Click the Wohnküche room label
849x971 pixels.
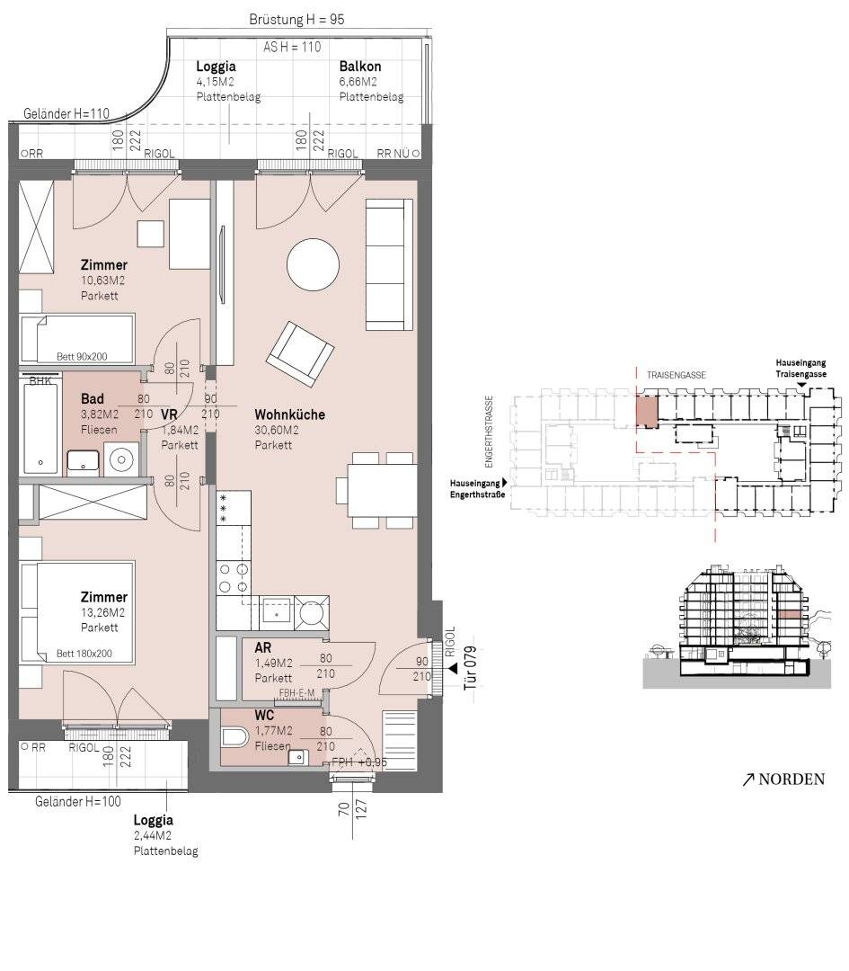coord(289,414)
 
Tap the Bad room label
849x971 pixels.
coord(93,399)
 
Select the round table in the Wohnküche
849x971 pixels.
coord(314,264)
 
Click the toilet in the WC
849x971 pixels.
coord(234,737)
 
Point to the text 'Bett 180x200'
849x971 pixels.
coord(84,654)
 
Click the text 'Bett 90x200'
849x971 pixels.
coord(82,357)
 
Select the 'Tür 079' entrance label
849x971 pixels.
coord(471,669)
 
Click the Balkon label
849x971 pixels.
coord(360,67)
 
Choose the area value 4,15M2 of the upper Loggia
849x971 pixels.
coord(215,82)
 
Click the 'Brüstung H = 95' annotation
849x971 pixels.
coord(296,19)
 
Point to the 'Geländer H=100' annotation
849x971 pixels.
coord(78,801)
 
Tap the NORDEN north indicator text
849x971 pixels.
coord(792,779)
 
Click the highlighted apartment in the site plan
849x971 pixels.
coord(646,411)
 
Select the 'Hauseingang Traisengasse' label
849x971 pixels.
coord(800,369)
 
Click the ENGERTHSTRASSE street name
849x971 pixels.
coord(489,432)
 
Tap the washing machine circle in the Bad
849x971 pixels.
coord(121,459)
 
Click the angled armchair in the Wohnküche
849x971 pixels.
coord(301,353)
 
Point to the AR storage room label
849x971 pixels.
coord(263,647)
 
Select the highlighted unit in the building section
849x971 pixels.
coord(789,614)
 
